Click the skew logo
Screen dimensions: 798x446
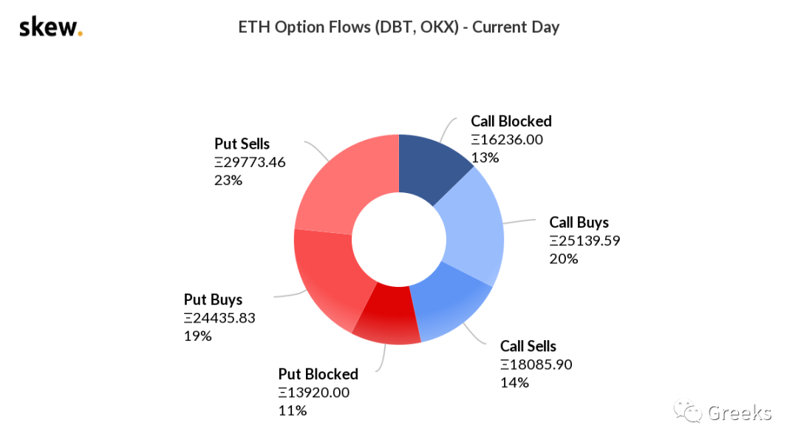(51, 27)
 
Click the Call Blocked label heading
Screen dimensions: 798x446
(511, 121)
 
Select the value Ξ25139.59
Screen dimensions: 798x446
(584, 240)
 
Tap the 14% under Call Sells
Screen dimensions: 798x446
(514, 383)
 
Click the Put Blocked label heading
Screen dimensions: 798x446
(318, 374)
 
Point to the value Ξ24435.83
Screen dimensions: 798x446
(219, 318)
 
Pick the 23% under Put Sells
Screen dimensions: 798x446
(228, 180)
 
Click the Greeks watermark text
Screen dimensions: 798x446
(740, 413)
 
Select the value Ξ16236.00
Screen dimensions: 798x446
(507, 140)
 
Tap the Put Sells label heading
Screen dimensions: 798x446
(242, 143)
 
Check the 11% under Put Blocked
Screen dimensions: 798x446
(292, 410)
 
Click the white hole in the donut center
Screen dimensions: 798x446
(399, 239)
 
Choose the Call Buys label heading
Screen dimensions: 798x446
(579, 222)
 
